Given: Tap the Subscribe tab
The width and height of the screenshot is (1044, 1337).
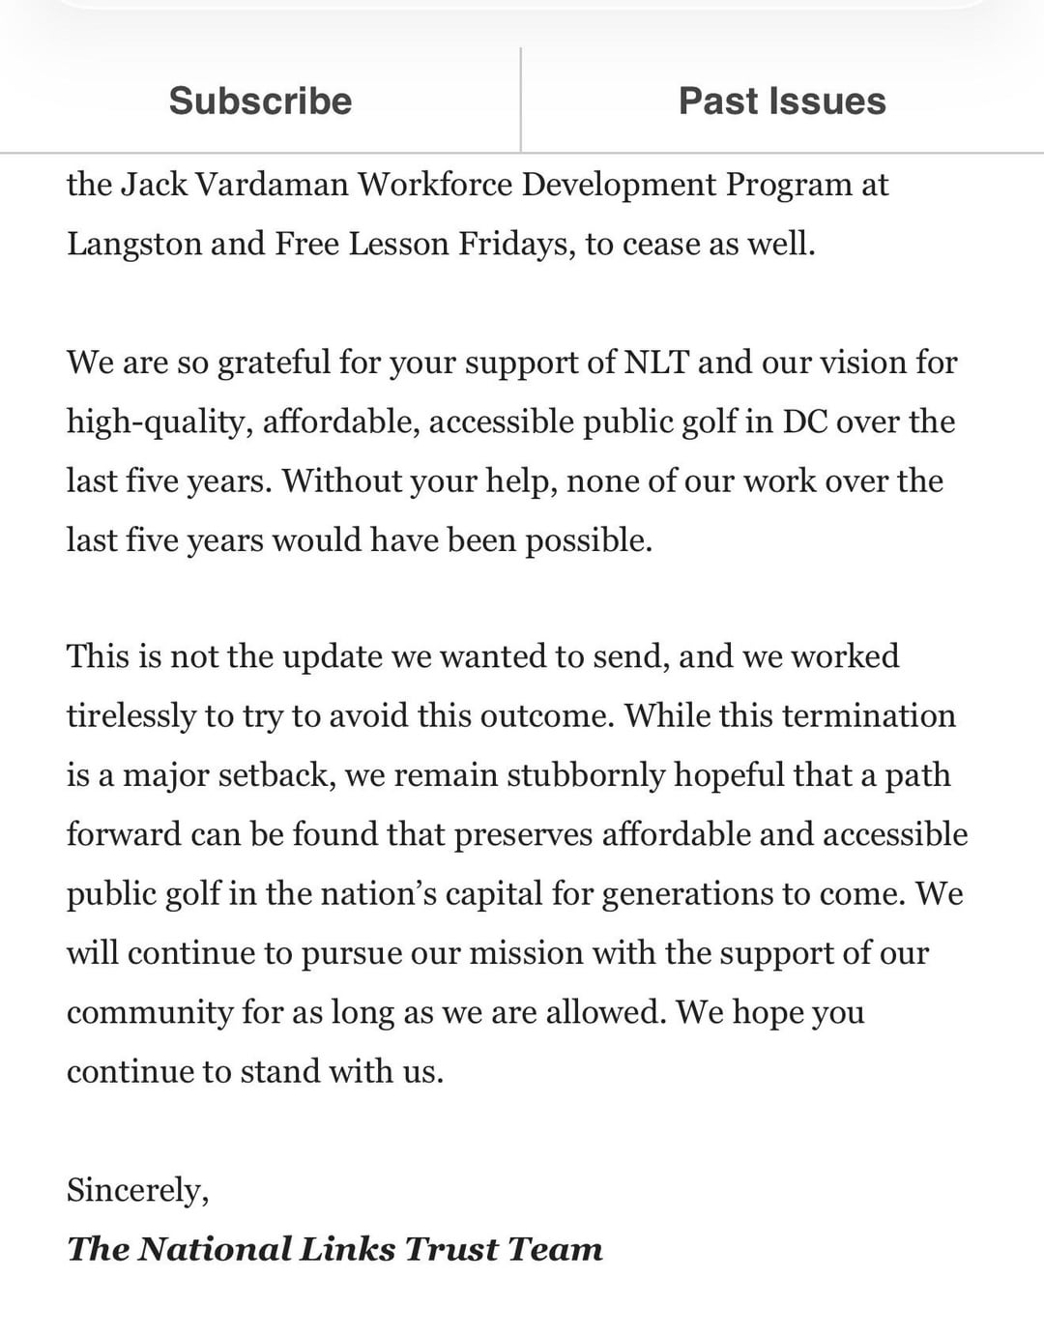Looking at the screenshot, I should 260,101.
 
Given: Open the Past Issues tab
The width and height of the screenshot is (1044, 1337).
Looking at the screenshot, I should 782,101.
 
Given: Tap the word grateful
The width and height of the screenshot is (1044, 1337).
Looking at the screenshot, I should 274,363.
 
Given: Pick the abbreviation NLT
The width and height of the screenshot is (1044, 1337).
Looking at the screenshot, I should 656,363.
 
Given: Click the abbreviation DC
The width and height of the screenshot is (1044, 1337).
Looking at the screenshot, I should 804,421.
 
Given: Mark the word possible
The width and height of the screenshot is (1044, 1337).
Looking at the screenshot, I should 588,539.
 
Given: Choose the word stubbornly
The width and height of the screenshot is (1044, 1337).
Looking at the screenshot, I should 586,775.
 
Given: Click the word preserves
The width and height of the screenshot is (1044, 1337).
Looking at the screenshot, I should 522,834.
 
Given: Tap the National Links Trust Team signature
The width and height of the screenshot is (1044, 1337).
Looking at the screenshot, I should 334,1249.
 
